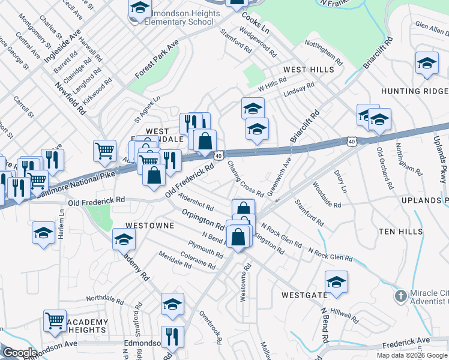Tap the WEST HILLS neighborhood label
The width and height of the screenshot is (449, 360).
[309, 70]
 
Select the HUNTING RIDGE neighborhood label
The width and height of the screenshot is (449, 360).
[414, 91]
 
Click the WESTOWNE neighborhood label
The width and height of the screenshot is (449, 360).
[149, 226]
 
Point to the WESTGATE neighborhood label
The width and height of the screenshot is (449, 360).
[304, 295]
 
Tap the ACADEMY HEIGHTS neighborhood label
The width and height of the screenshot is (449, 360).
[88, 326]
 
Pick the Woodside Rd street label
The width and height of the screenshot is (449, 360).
[327, 194]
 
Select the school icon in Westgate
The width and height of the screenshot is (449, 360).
[336, 281]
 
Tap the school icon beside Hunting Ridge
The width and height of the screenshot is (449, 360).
[426, 63]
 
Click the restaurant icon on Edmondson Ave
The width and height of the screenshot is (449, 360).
[172, 337]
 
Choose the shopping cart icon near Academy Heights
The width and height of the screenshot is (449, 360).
[55, 320]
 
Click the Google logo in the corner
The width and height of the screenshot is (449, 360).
[20, 353]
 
